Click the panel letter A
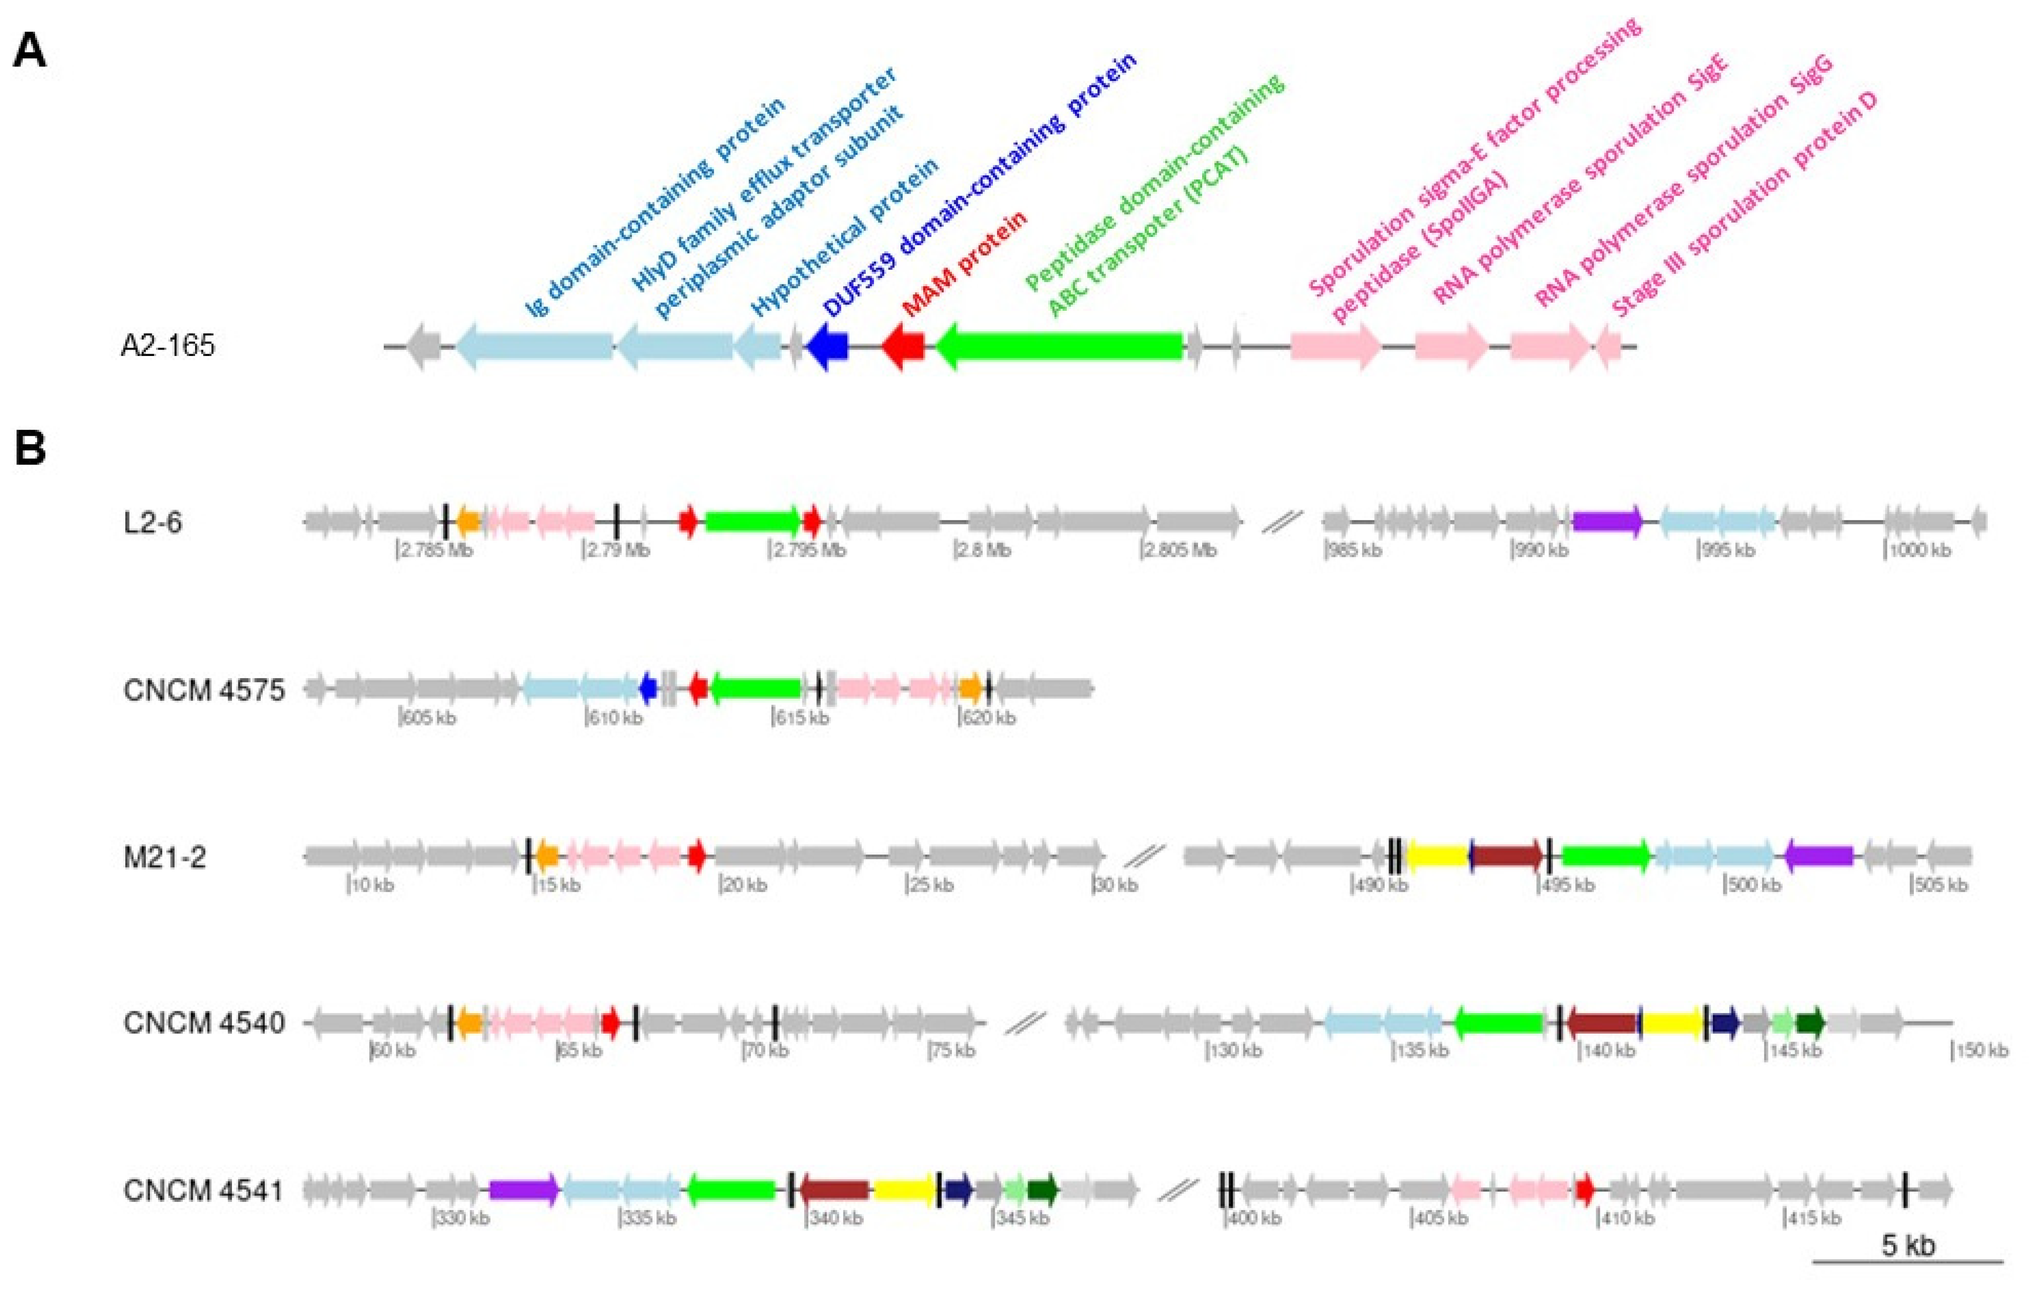click(x=31, y=52)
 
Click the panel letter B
click(x=31, y=448)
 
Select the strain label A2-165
click(x=168, y=346)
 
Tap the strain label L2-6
click(x=153, y=523)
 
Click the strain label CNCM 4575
click(x=204, y=690)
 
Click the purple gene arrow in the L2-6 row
click(x=1607, y=521)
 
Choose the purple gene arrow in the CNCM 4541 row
click(x=523, y=1189)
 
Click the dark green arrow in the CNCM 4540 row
click(x=1810, y=1022)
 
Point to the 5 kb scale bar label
click(x=1908, y=1245)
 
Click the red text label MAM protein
click(x=965, y=263)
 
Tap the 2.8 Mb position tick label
click(x=983, y=551)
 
